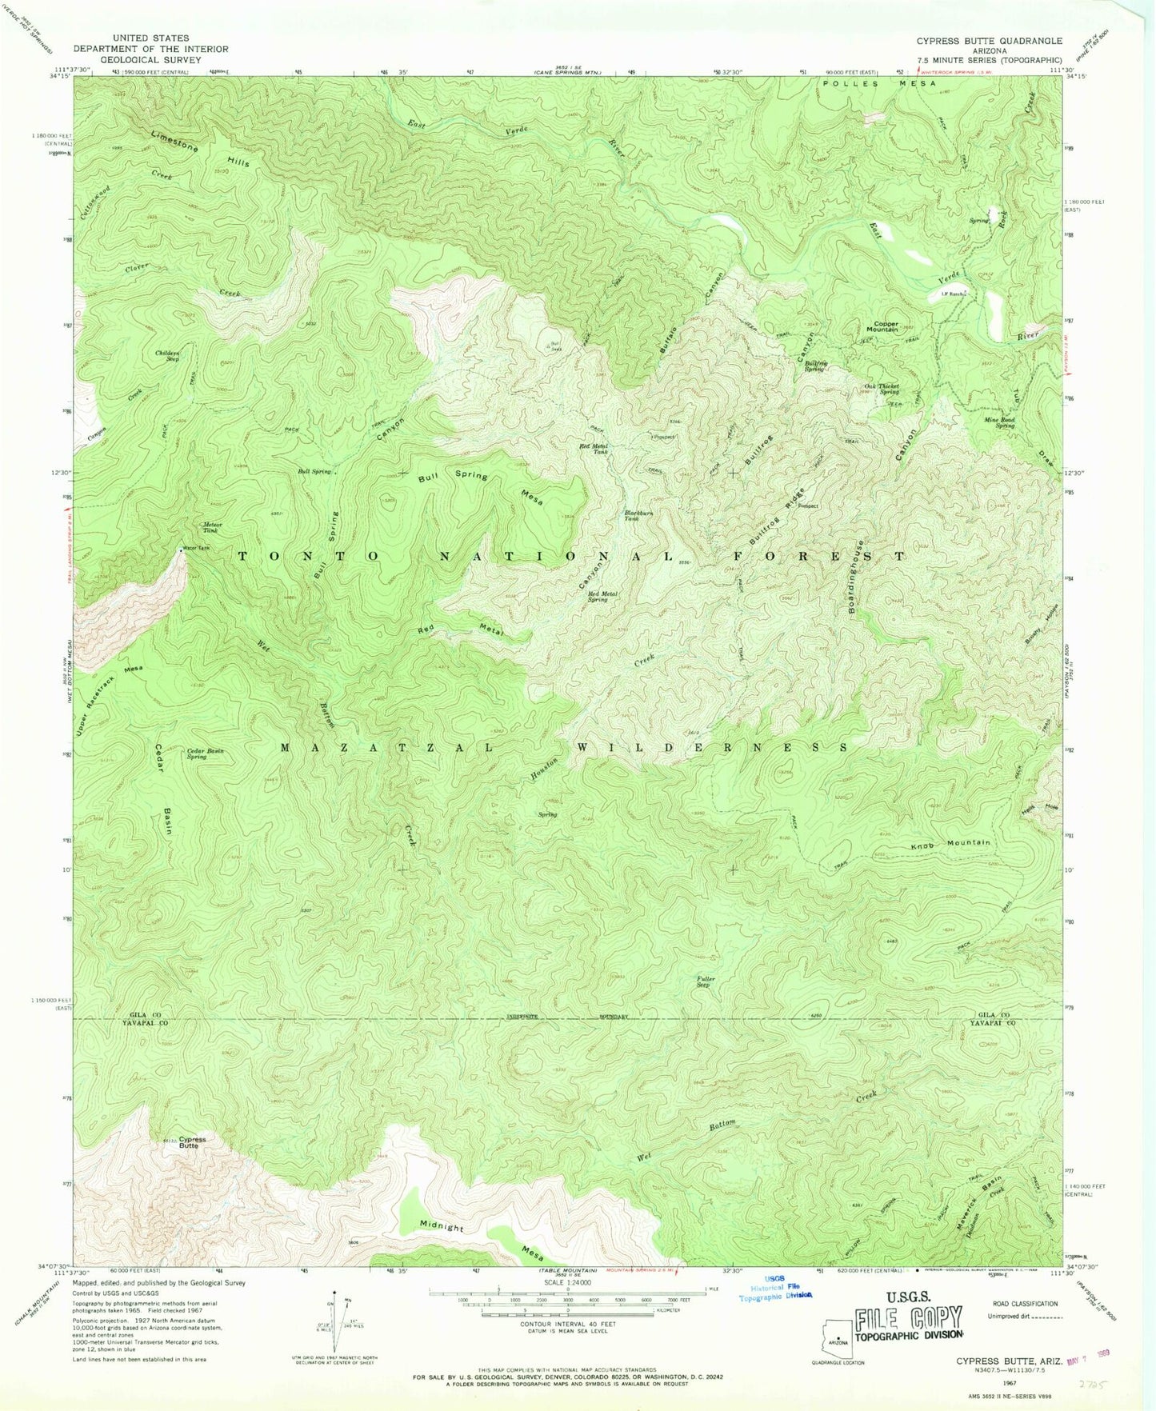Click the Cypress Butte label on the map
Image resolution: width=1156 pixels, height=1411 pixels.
pos(191,1142)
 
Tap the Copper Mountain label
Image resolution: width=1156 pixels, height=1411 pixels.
pos(882,326)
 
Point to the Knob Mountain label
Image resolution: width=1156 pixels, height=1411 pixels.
pos(951,843)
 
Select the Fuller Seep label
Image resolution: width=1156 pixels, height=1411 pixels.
pos(706,981)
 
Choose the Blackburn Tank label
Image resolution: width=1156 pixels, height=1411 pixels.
pos(637,516)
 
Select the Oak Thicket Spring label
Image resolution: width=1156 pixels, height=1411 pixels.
pos(882,389)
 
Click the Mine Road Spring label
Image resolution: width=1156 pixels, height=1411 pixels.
pos(1001,422)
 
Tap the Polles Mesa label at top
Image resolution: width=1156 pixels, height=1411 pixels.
pos(878,83)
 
